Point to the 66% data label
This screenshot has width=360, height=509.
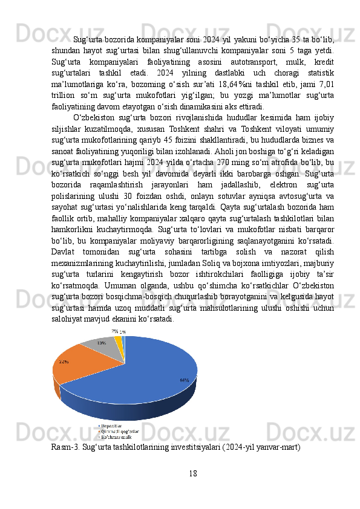pos(184,380)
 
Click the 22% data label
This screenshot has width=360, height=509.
pos(64,361)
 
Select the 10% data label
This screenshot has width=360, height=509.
pos(101,342)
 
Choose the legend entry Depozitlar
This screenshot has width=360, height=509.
pos(114,426)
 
